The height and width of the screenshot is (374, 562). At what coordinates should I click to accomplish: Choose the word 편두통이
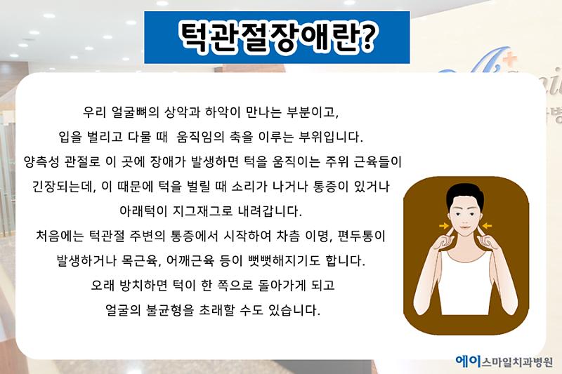pos(362,236)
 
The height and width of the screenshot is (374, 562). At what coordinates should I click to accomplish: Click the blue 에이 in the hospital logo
pos(468,361)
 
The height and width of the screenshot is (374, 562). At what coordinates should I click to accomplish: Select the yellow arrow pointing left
pos(487,225)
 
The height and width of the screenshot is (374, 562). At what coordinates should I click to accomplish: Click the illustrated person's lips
pos(464,227)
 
